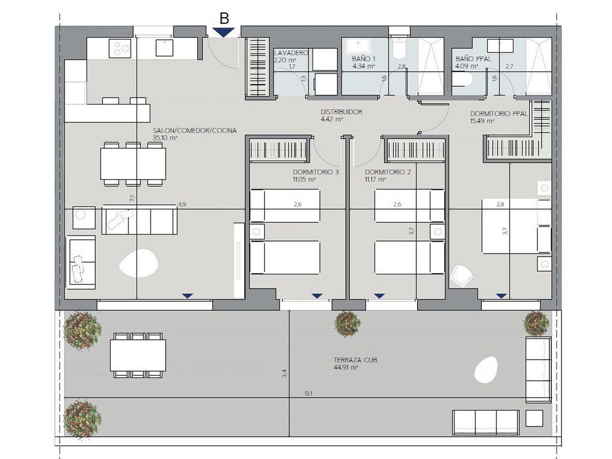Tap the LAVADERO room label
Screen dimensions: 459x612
[x=291, y=53]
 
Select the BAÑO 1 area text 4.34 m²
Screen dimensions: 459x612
[x=363, y=66]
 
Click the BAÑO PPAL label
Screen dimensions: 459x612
[x=473, y=59]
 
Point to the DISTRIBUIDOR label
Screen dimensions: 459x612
[x=341, y=112]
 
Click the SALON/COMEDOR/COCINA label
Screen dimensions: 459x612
[x=195, y=131]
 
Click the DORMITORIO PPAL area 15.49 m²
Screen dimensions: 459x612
[x=482, y=121]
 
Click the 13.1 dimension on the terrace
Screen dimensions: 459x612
[x=308, y=393]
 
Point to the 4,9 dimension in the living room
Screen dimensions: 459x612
[x=182, y=205]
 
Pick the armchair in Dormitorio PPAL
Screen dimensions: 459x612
[x=462, y=275]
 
